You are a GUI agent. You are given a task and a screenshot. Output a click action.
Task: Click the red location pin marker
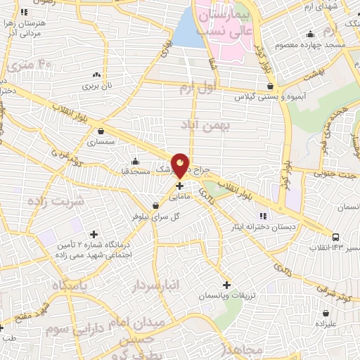click(x=180, y=165)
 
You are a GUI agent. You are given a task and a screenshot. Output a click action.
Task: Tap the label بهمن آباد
click(x=206, y=127)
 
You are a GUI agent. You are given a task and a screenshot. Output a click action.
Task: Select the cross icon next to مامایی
click(x=180, y=186)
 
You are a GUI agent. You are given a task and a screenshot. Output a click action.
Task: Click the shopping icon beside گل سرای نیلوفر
click(x=155, y=205)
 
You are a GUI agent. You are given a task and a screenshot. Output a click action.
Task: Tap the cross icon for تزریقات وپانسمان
click(x=226, y=285)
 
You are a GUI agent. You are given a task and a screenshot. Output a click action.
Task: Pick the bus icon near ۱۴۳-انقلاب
click(x=336, y=237)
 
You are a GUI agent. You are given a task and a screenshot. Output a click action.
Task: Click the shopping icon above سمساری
click(x=103, y=130)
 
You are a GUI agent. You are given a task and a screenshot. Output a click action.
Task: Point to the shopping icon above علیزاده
click(x=326, y=313)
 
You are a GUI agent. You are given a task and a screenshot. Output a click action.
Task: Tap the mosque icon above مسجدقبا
click(x=136, y=160)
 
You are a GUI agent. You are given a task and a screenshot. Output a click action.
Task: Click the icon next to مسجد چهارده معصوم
click(x=310, y=34)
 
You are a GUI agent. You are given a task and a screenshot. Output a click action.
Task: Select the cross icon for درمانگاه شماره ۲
click(x=94, y=234)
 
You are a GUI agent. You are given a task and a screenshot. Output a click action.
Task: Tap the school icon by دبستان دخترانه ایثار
click(x=264, y=215)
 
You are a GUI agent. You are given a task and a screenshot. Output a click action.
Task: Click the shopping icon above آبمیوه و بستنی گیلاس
click(x=271, y=86)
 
